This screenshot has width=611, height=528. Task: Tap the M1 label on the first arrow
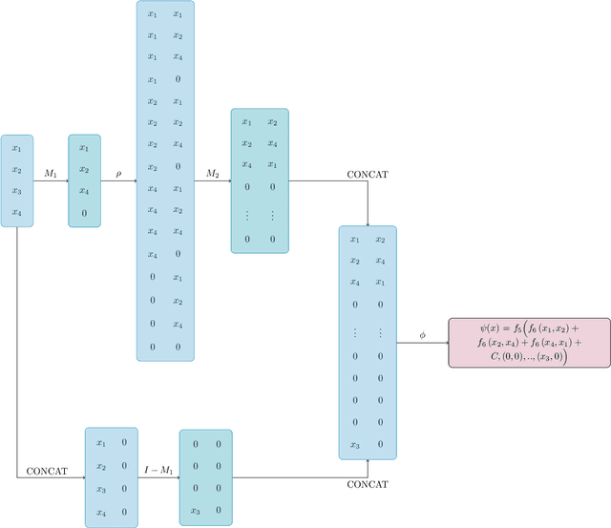[x=51, y=174]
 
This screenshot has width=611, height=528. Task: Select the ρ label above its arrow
[x=118, y=173]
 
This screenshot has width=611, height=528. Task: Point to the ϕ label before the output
[x=422, y=335]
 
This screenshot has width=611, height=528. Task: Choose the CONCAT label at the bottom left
[x=46, y=471]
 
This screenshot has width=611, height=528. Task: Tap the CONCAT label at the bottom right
[x=368, y=485]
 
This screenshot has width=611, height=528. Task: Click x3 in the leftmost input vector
[x=16, y=191]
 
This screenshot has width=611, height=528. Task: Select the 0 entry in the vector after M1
[x=84, y=213]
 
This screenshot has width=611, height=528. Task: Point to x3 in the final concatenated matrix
[x=354, y=444]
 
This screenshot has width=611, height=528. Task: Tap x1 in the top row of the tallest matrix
[x=152, y=14]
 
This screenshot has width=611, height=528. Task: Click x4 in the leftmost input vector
[x=16, y=213]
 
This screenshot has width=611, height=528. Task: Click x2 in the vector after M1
[x=84, y=170]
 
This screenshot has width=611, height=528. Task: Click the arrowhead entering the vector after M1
[x=65, y=180]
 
